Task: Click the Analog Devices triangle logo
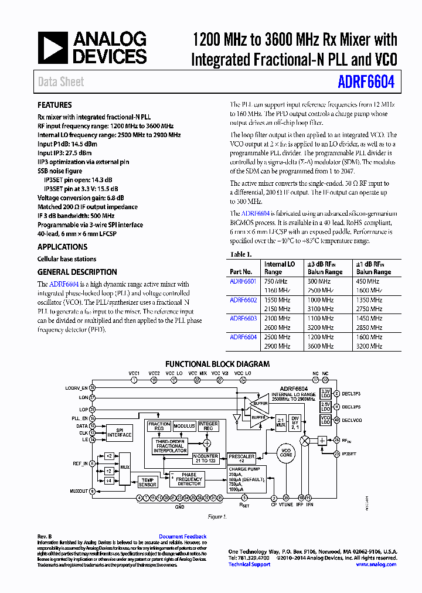coord(52,48)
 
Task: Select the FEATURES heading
coord(55,105)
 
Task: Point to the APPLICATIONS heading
coord(62,247)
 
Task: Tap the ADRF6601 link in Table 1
coord(243,281)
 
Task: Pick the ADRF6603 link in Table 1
coord(243,319)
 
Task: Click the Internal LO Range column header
coord(279,268)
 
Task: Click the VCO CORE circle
coord(285,453)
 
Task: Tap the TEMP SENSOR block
coord(148,481)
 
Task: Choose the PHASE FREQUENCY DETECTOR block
coord(189,479)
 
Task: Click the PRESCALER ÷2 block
coord(241,458)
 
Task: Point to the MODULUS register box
coord(185,427)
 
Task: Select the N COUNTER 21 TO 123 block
coord(205,458)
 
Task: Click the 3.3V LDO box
coord(326,393)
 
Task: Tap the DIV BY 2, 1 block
coord(295,423)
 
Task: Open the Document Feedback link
coord(183,537)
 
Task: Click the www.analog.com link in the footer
coord(376,564)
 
